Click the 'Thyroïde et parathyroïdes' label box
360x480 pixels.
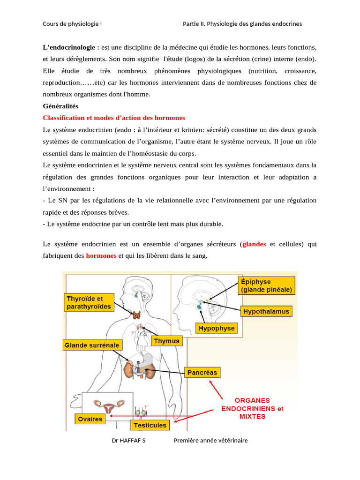click(89, 302)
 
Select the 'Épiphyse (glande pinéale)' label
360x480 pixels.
click(267, 285)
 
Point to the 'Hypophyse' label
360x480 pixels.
click(217, 329)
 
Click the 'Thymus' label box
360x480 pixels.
click(167, 341)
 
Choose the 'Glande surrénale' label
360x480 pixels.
click(92, 345)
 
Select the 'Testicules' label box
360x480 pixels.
click(150, 425)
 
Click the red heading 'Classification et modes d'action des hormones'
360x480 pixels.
click(114, 118)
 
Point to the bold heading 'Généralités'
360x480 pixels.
click(60, 106)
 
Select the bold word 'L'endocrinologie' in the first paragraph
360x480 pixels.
click(70, 47)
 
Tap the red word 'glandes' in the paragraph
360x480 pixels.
click(254, 244)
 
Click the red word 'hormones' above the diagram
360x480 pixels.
click(101, 256)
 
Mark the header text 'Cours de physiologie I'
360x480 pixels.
click(72, 24)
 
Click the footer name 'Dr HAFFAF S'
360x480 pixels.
click(128, 441)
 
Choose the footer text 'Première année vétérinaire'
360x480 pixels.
click(210, 441)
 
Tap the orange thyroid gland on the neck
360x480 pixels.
click(138, 315)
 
